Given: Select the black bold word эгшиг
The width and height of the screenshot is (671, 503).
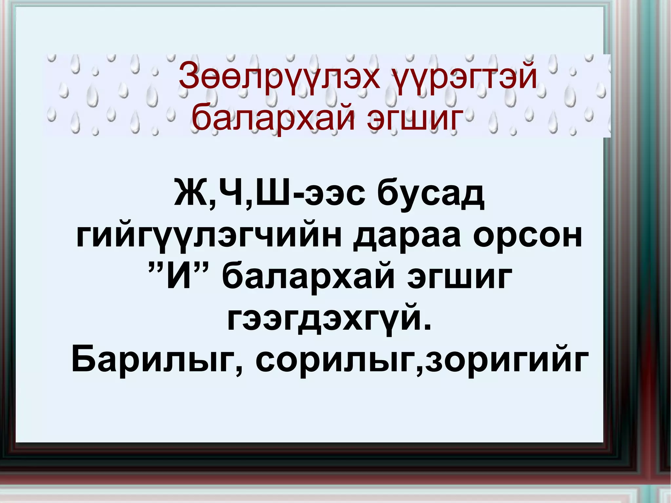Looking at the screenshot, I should [459, 279].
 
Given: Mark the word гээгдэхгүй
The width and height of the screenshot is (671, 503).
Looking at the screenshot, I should [324, 319].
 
